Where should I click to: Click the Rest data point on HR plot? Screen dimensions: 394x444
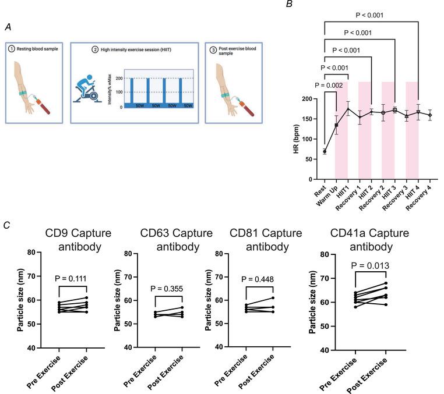325,151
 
